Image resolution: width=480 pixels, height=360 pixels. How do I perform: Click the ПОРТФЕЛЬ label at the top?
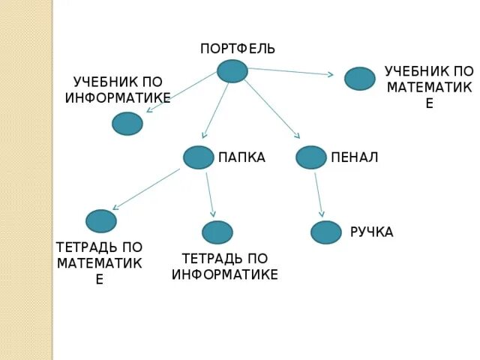[238, 49]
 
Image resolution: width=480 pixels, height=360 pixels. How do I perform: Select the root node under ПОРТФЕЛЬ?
[232, 71]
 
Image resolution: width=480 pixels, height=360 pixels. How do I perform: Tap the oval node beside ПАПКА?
[199, 157]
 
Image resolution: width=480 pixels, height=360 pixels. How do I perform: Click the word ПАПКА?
[241, 157]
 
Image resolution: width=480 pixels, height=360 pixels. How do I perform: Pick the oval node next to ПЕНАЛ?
[311, 157]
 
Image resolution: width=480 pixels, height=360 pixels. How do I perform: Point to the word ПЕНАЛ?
[354, 157]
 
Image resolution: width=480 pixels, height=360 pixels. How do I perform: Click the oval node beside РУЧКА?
[326, 232]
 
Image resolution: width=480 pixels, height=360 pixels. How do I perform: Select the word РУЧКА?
[371, 232]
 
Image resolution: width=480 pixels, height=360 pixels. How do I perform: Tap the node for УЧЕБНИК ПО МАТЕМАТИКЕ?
[360, 79]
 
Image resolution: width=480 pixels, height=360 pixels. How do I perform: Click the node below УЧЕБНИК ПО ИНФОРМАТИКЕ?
[127, 124]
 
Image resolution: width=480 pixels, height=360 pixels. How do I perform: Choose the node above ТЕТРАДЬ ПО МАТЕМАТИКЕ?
[101, 221]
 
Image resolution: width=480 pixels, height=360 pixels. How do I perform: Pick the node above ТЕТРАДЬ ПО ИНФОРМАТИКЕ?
[217, 232]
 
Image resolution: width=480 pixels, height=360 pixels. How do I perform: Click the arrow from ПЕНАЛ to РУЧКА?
[319, 195]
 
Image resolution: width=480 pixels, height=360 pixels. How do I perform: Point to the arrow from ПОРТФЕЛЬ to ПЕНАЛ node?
[271, 108]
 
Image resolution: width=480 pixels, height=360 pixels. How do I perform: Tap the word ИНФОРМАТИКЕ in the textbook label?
[118, 97]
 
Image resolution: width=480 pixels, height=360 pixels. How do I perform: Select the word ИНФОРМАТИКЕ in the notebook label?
[225, 274]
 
